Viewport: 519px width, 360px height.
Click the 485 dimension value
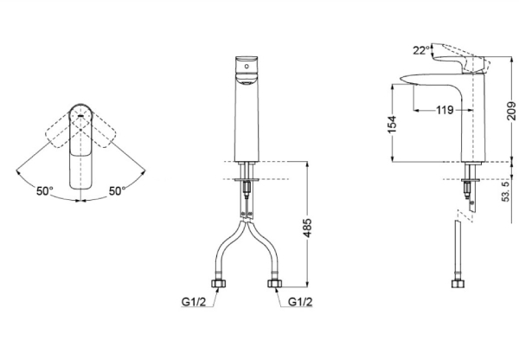[307, 228]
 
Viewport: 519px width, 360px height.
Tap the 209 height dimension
[512, 111]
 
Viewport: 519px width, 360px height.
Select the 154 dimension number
[392, 125]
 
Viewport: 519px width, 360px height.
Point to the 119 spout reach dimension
[445, 110]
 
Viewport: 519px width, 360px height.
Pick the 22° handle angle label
[421, 50]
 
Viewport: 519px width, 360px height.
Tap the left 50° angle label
[44, 191]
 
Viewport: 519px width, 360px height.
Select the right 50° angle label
[118, 191]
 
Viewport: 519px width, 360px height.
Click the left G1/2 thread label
[194, 302]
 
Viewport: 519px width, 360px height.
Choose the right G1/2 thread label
[300, 302]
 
